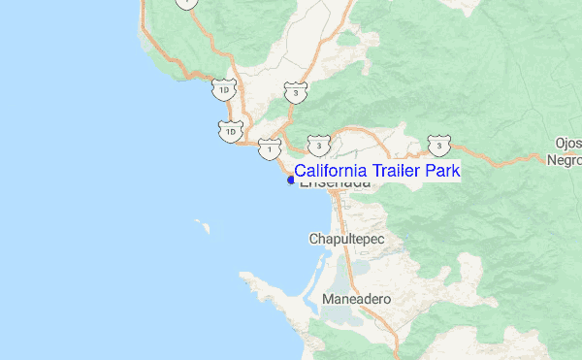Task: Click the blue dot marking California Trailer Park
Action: click(x=291, y=179)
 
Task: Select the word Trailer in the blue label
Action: click(x=396, y=170)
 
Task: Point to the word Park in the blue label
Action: click(x=441, y=170)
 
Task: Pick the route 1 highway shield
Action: click(x=267, y=148)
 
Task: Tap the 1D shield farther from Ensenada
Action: click(x=224, y=90)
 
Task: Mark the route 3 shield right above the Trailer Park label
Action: click(x=318, y=145)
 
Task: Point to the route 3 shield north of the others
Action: click(x=294, y=92)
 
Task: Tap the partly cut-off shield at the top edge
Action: click(x=185, y=4)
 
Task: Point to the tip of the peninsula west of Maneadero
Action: click(x=243, y=277)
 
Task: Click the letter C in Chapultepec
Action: click(x=313, y=238)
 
